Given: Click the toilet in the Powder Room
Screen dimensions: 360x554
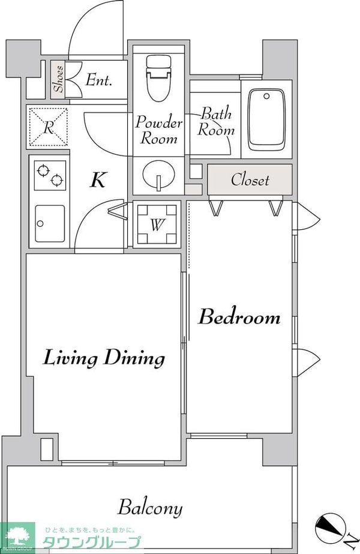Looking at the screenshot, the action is [158, 78].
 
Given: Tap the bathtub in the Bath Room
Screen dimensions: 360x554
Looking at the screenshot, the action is [266, 120].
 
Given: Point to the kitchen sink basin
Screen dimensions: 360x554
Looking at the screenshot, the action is [50, 224].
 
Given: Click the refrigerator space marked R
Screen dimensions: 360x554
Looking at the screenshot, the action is [48, 127].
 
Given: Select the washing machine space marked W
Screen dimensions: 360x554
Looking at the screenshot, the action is [157, 224].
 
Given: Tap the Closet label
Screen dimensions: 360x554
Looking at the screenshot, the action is [250, 179].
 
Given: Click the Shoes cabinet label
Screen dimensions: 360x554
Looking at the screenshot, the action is [59, 79].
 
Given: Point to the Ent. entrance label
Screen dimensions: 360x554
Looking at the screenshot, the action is [98, 80].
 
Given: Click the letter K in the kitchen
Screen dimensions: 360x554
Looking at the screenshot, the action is [98, 179].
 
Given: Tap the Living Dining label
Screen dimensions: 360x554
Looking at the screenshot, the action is [104, 358].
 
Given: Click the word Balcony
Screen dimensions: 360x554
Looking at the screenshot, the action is [150, 508].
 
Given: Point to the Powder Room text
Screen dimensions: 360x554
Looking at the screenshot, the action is [158, 130].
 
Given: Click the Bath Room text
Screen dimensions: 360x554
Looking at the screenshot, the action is [216, 122].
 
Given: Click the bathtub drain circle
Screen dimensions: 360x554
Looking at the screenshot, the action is [267, 96].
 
